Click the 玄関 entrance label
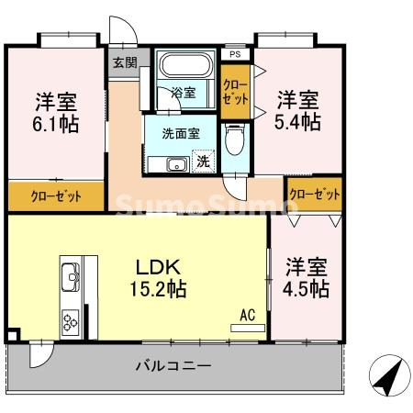124,63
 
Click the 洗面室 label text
181,132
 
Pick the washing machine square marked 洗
203,162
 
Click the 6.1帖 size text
57,123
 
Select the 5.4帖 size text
299,120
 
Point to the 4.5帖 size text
307,288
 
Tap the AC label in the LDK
247,315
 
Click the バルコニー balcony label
173,365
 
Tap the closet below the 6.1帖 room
56,195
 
